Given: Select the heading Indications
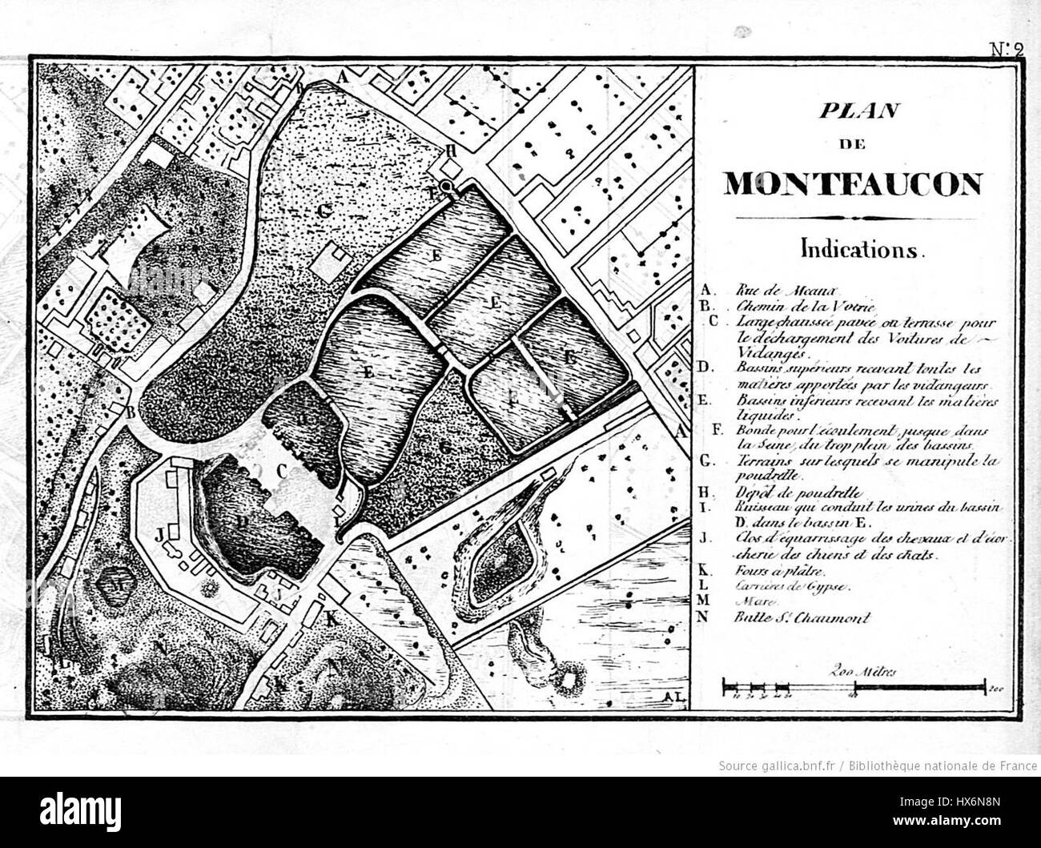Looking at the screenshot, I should (x=862, y=250).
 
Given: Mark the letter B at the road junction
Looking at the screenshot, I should (x=131, y=411).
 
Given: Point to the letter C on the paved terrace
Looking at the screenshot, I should (x=281, y=472).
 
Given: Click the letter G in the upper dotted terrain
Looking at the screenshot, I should (x=324, y=211).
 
